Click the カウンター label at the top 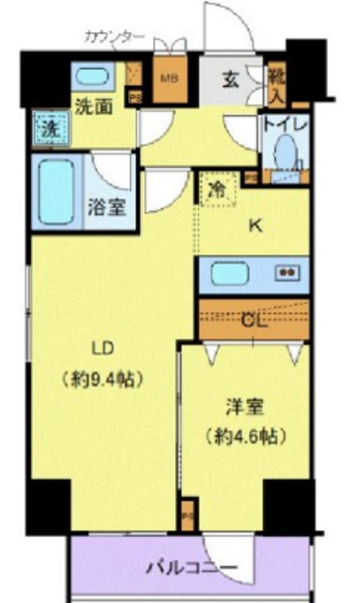(x=114, y=37)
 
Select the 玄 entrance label (x=230, y=79)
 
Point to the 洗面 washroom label (x=93, y=107)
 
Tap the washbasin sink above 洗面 (x=91, y=78)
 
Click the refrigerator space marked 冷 (x=215, y=188)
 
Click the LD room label (x=103, y=349)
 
